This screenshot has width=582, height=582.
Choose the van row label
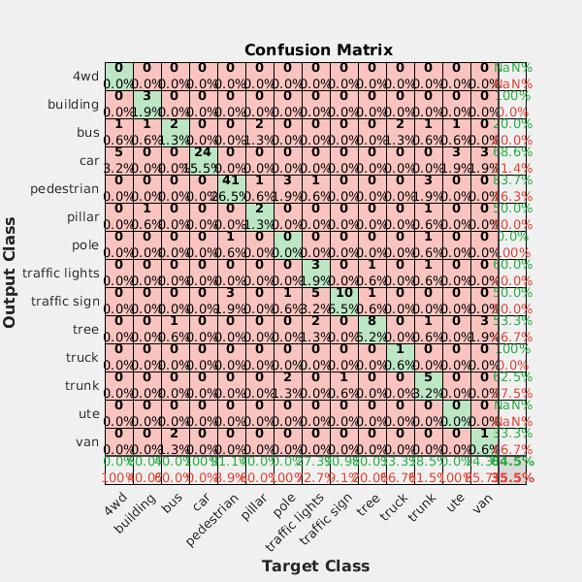[x=85, y=441]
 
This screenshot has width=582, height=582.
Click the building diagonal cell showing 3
[x=145, y=104]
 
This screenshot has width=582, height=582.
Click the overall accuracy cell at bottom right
[x=511, y=469]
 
